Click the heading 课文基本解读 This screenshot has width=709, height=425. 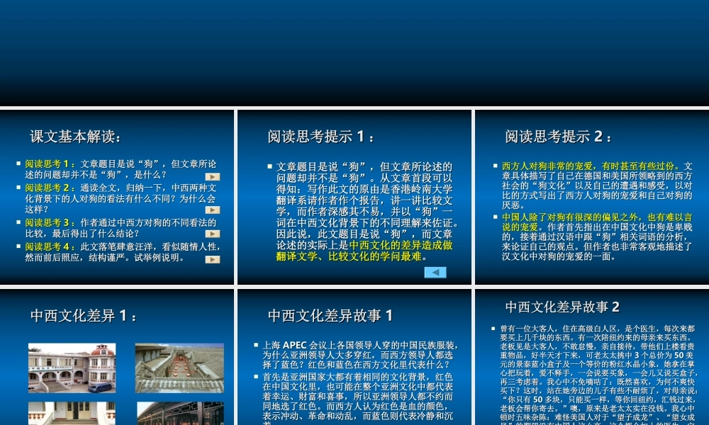click(75, 136)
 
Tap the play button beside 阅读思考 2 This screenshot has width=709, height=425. click(212, 210)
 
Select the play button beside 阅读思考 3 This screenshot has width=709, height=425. click(212, 233)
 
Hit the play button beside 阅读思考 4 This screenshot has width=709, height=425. click(212, 259)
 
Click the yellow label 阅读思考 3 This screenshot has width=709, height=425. click(50, 222)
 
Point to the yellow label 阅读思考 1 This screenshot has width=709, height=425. click(50, 164)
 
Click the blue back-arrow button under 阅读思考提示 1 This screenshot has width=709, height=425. click(435, 272)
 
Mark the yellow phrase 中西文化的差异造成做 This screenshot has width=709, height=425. click(401, 244)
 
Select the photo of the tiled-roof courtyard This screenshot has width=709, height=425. click(179, 368)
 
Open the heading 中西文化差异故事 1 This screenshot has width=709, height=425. click(330, 315)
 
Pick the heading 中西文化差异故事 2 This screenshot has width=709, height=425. click(562, 307)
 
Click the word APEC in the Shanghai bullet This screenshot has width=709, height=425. click(295, 346)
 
